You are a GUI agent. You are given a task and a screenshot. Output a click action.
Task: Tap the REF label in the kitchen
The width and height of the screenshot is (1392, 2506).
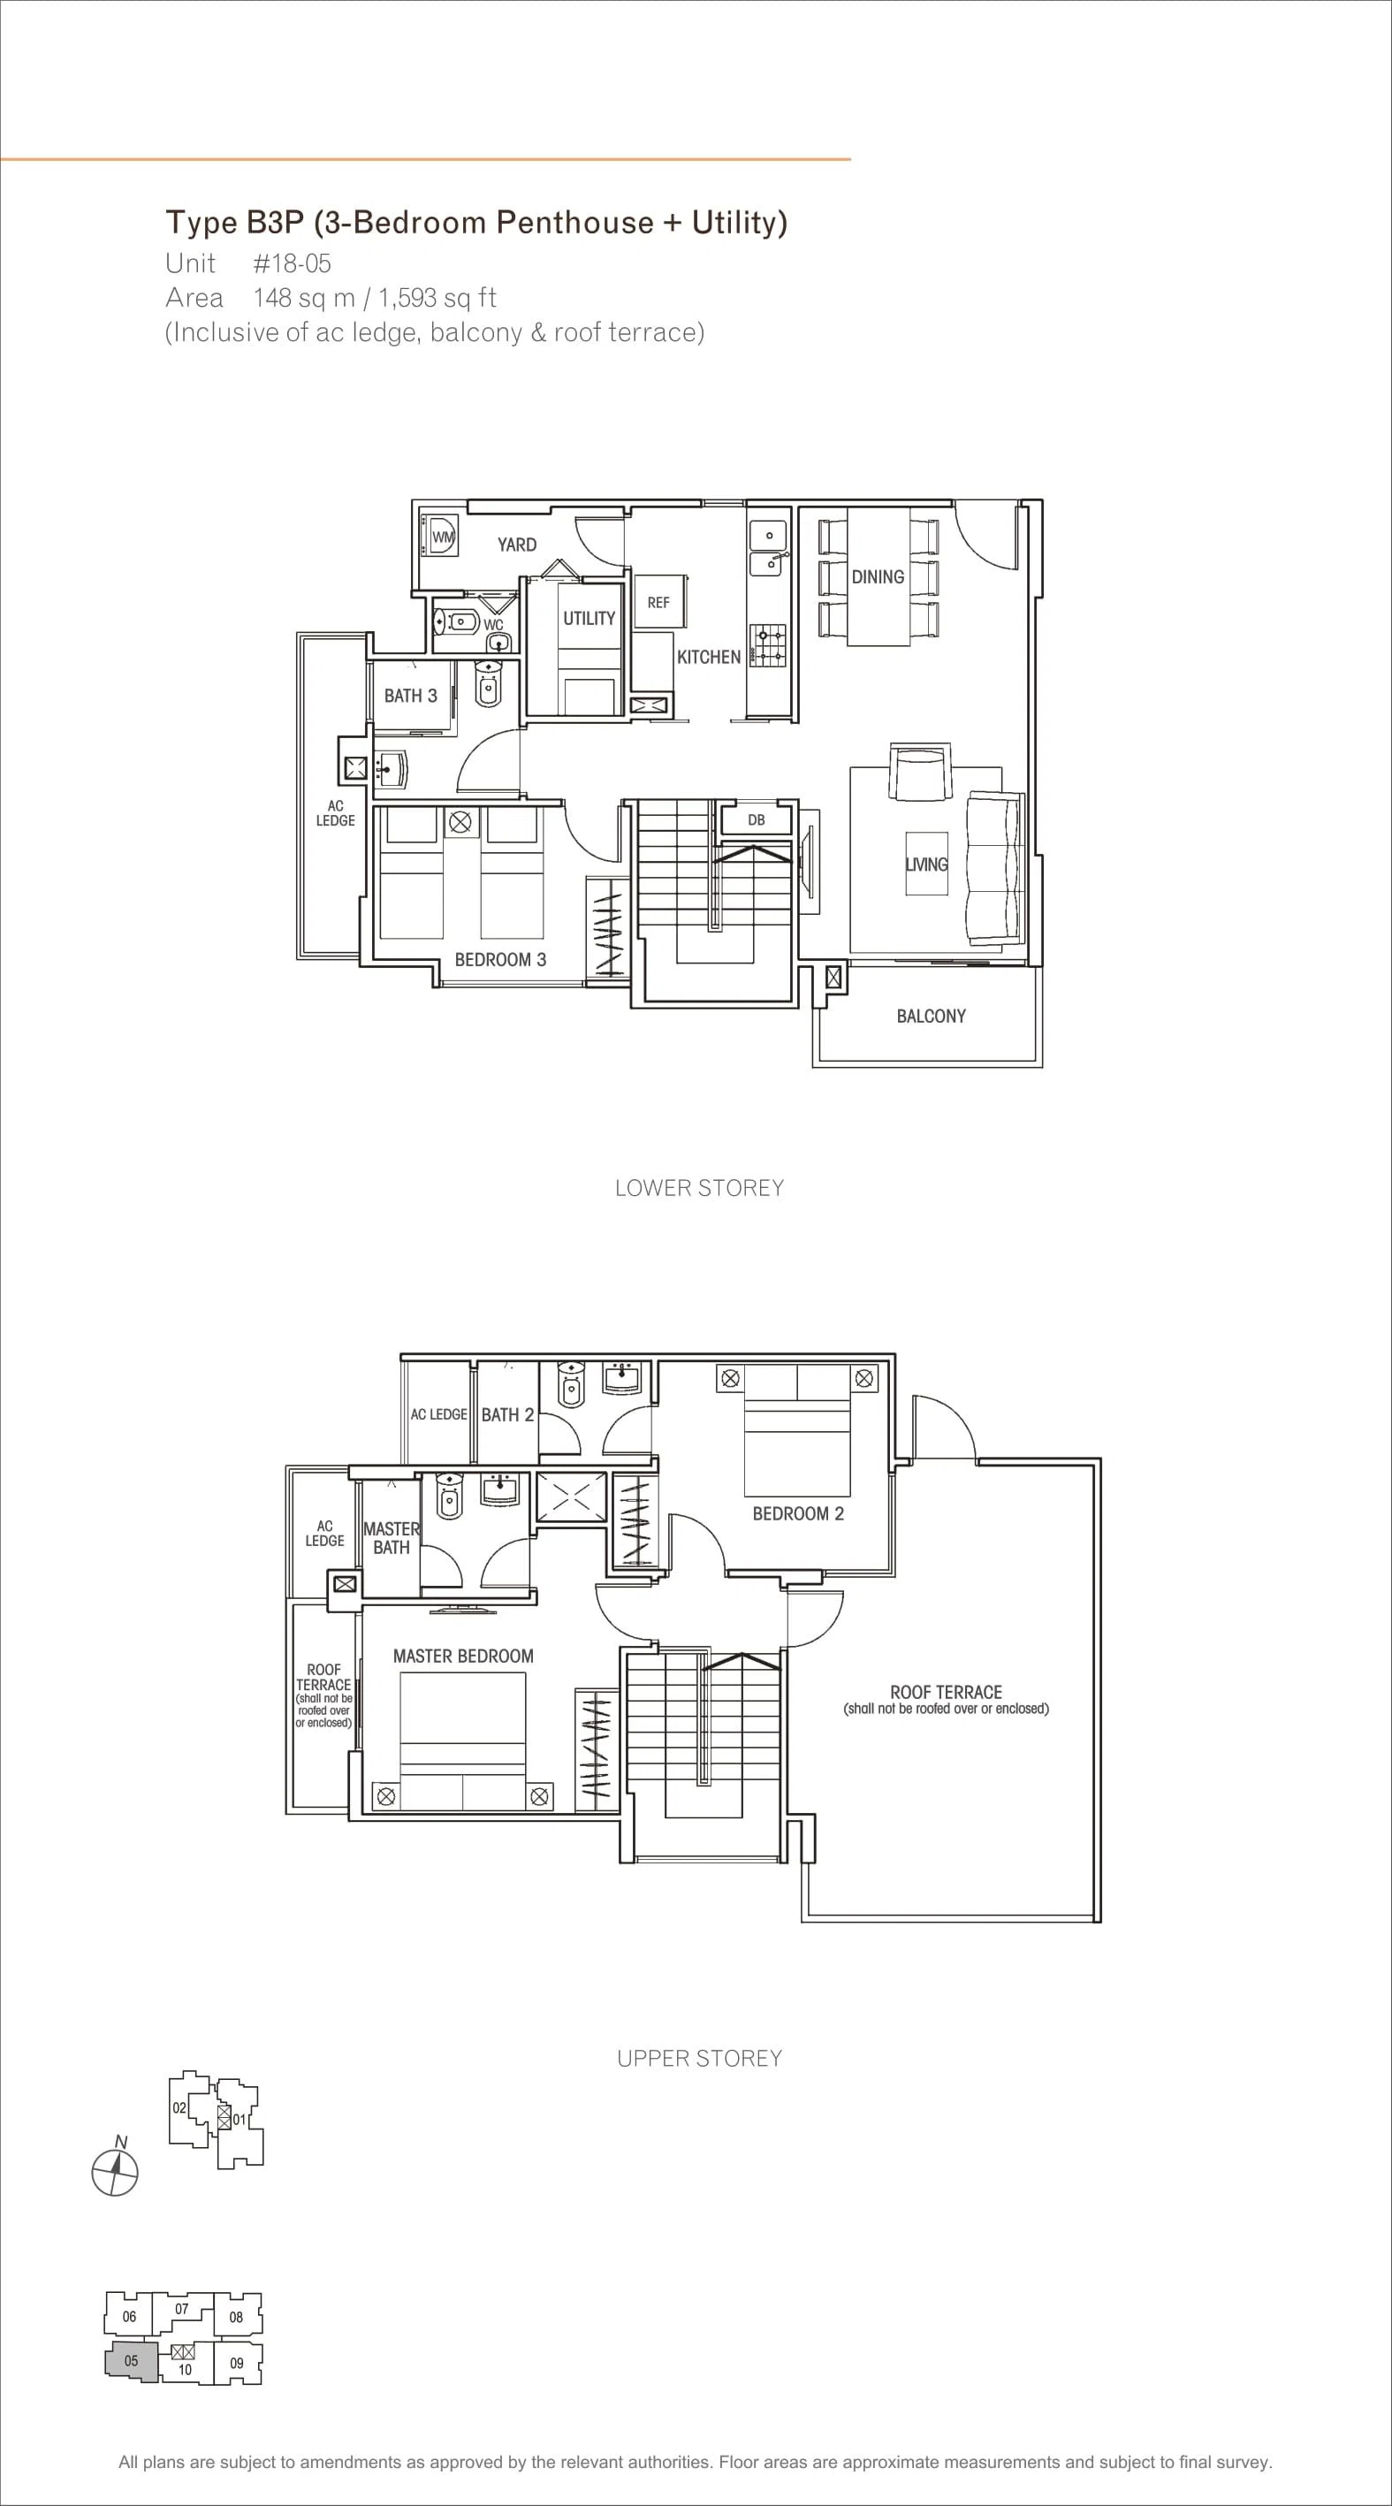pos(658,602)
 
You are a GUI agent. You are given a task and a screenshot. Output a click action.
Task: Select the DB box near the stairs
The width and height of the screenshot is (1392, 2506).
pos(757,821)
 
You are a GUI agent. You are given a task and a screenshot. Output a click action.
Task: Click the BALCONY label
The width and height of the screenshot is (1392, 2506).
pos(931,1016)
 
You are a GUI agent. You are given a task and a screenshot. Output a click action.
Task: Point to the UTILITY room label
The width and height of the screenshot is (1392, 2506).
pos(589,618)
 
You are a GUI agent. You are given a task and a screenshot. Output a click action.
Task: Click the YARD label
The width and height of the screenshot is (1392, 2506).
pos(516,544)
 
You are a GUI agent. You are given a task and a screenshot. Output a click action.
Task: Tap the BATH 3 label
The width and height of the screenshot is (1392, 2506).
pos(410,696)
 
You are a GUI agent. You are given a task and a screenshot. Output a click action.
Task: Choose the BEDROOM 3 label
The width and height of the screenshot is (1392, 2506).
pos(500,959)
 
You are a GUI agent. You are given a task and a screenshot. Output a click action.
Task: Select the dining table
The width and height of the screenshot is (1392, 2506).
pos(879,576)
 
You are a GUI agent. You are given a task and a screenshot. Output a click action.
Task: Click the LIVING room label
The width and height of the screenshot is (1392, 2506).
pos(926,864)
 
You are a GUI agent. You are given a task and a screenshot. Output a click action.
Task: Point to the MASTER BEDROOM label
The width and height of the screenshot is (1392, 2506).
pos(463,1656)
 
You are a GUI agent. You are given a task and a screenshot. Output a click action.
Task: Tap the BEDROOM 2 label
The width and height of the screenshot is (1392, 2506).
pos(798,1513)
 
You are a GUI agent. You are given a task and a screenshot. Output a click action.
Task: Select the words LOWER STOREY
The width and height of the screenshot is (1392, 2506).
pos(699,1188)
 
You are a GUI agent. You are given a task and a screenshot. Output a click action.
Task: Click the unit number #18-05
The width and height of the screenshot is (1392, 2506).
pos(292,263)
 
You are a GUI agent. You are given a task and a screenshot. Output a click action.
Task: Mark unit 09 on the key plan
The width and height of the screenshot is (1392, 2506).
pos(236,2363)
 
